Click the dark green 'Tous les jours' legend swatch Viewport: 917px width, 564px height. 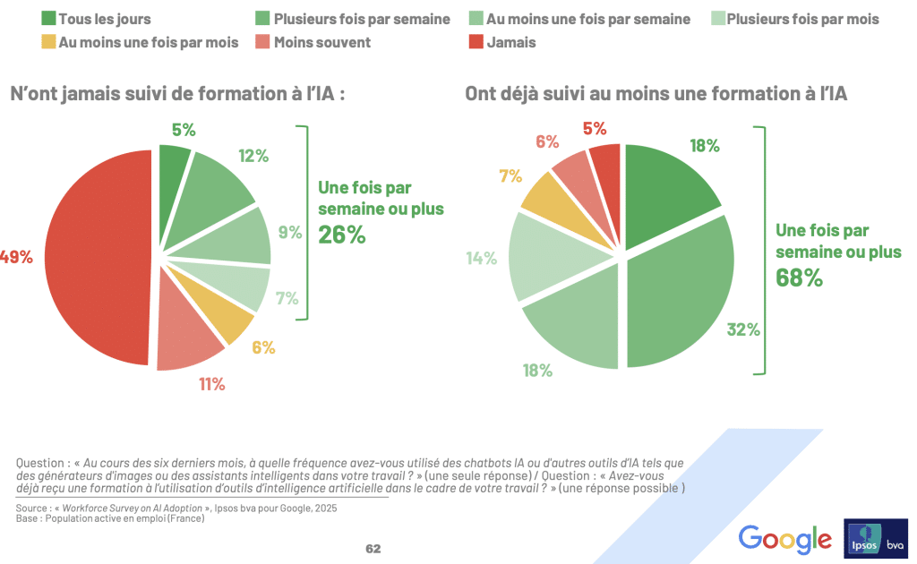pyautogui.click(x=49, y=19)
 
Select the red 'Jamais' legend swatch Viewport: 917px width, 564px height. pyautogui.click(x=475, y=42)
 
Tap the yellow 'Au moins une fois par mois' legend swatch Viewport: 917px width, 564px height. pyautogui.click(x=49, y=42)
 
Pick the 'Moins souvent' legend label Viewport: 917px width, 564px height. pyautogui.click(x=322, y=42)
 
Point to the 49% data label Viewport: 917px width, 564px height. pyautogui.click(x=16, y=257)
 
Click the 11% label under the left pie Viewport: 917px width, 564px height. pyautogui.click(x=211, y=384)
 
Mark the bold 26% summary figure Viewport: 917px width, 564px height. pyautogui.click(x=341, y=235)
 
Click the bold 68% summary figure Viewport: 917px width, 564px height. pyautogui.click(x=799, y=278)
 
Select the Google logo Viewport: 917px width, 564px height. pyautogui.click(x=784, y=539)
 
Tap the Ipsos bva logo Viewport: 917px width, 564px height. pyautogui.click(x=875, y=538)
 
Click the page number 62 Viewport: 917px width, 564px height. pyautogui.click(x=373, y=548)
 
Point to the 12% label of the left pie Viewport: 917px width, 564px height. pyautogui.click(x=253, y=156)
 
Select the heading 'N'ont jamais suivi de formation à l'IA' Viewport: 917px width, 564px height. pyautogui.click(x=176, y=92)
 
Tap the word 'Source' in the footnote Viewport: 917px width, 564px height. pyautogui.click(x=31, y=508)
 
